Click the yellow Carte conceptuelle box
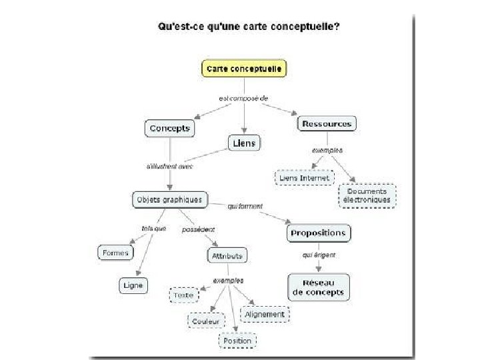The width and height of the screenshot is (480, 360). click(x=244, y=69)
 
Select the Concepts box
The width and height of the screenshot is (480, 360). click(x=170, y=128)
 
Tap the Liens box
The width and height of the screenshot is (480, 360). click(x=244, y=143)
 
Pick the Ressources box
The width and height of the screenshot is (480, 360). click(x=326, y=124)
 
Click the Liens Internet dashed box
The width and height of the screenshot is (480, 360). click(x=304, y=178)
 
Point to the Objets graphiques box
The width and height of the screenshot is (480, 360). click(x=169, y=199)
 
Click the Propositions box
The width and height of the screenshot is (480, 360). click(x=319, y=233)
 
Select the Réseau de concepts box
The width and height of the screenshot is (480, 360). click(x=319, y=287)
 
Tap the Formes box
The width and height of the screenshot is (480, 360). click(x=116, y=253)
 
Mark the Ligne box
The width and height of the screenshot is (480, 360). click(x=133, y=285)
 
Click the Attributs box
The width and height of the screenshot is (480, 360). click(x=227, y=255)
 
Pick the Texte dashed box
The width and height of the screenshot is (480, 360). click(x=183, y=295)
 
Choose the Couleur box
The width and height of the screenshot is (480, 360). click(x=206, y=321)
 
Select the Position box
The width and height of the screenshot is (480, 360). click(x=237, y=341)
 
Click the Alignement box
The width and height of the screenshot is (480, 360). click(x=265, y=314)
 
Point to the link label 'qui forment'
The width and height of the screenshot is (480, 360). click(x=245, y=206)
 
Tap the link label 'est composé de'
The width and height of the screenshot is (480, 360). click(x=243, y=98)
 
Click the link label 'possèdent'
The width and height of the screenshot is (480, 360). click(x=198, y=229)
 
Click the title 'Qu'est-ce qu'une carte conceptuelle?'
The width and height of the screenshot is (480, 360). click(x=248, y=27)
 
